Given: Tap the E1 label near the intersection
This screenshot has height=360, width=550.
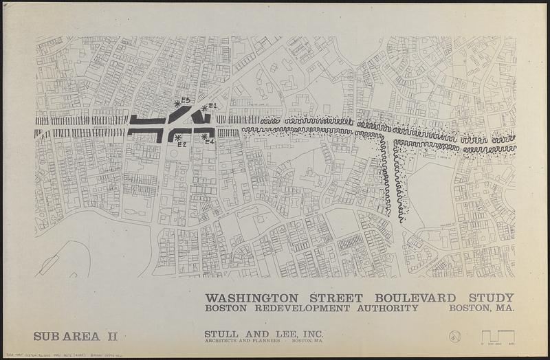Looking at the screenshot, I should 212,106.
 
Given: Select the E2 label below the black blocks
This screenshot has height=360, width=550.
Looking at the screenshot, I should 182,144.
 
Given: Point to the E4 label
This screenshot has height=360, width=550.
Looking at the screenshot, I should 211,142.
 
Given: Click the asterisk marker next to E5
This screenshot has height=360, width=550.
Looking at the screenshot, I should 178,103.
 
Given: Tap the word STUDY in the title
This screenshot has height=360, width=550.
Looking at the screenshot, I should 490,297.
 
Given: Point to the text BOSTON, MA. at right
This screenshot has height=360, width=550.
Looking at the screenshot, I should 481,308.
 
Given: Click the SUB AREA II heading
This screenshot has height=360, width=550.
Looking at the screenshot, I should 76,336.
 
